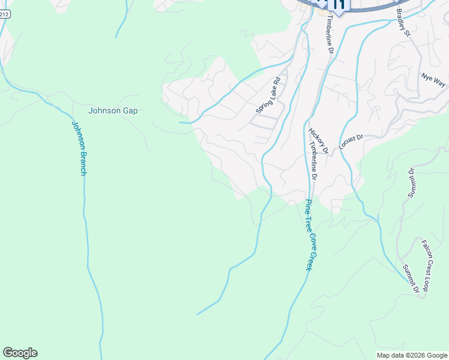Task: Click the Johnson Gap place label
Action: pos(113,110)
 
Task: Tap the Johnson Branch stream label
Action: pos(79,148)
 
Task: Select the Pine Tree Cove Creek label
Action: pos(309,234)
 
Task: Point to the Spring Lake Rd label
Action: pos(268,95)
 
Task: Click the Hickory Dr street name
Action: pos(318,141)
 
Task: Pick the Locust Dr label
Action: pos(351,142)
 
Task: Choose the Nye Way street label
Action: pos(433,80)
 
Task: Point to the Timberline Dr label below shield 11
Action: pos(328,34)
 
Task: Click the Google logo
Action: pos(20,353)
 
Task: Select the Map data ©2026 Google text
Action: pos(412,355)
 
